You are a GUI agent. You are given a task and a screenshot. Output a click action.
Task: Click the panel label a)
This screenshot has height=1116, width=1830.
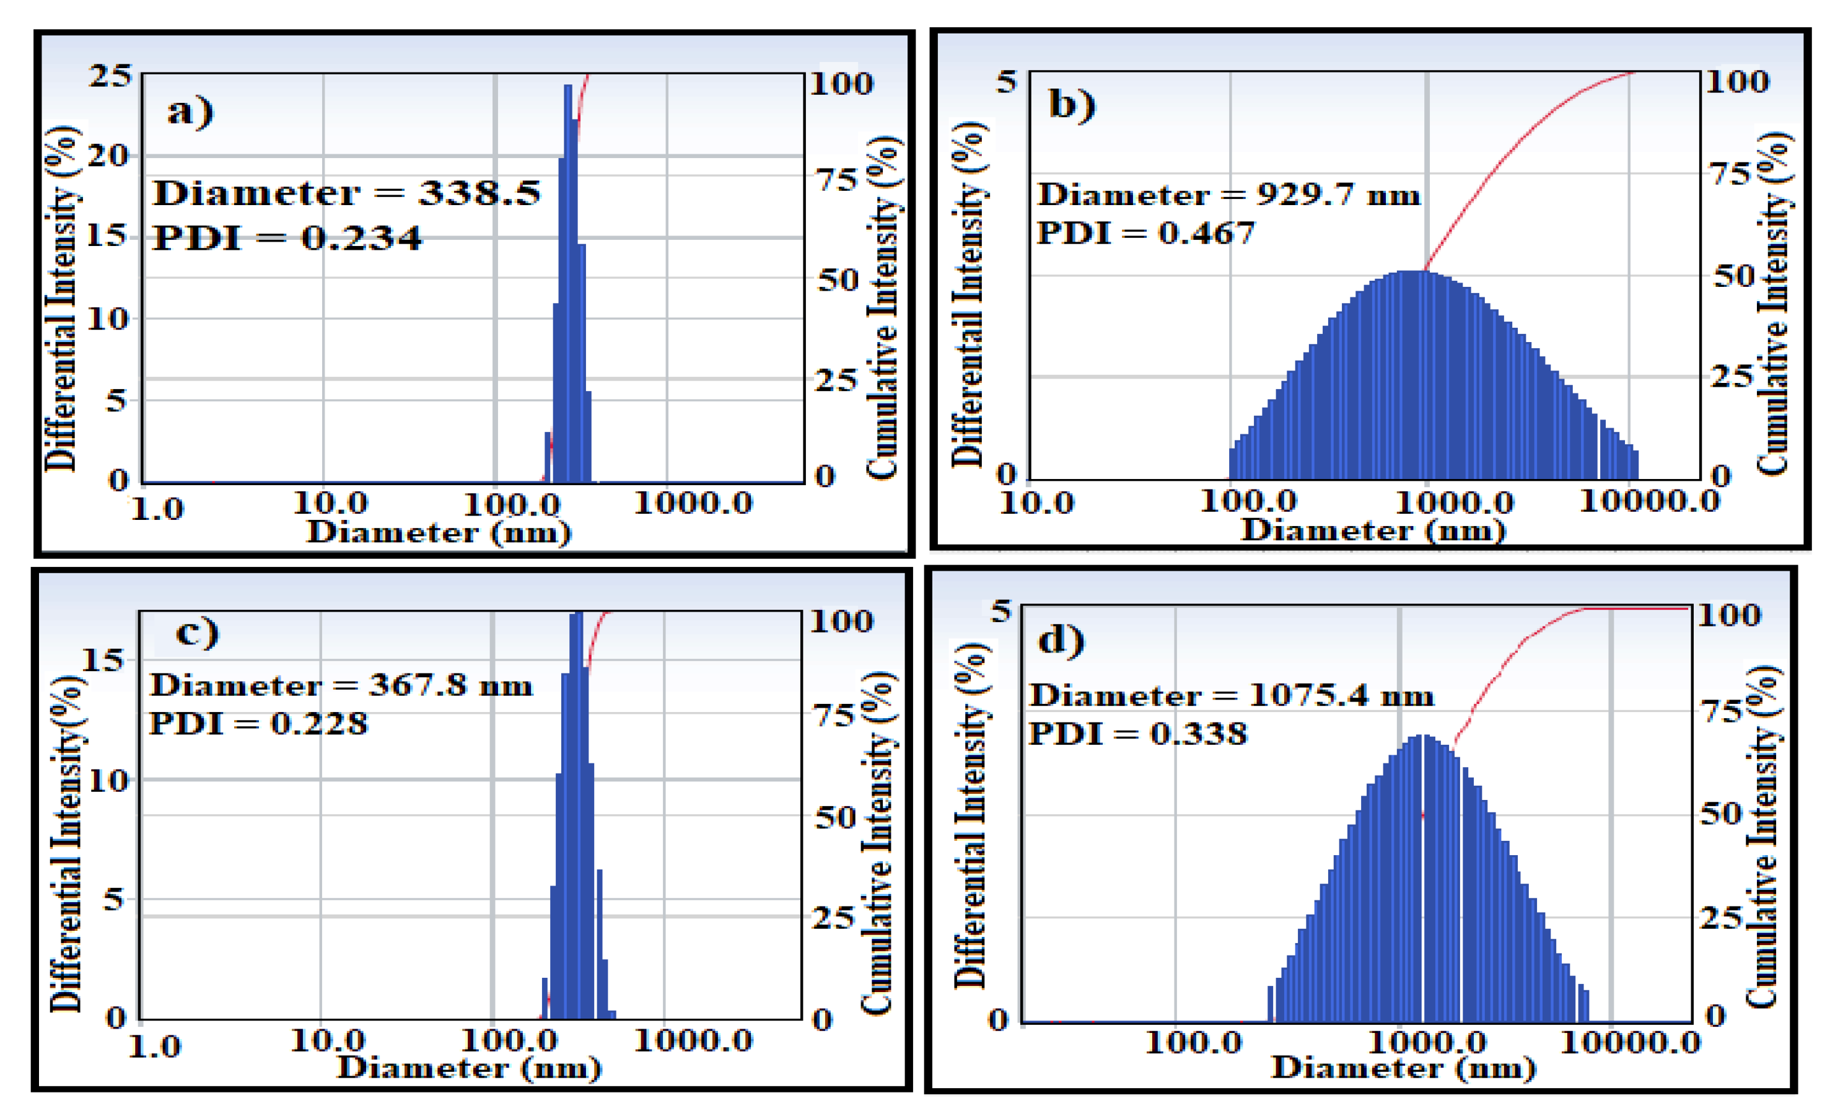pyautogui.click(x=190, y=112)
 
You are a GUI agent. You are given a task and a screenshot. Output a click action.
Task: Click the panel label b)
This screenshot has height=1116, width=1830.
pyautogui.click(x=1072, y=104)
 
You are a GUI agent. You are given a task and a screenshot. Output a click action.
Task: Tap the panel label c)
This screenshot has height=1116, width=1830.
pyautogui.click(x=197, y=632)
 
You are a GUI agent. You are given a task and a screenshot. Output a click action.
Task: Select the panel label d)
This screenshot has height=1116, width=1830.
pyautogui.click(x=1061, y=639)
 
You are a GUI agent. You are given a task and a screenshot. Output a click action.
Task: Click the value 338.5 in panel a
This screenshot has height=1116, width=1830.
pyautogui.click(x=479, y=193)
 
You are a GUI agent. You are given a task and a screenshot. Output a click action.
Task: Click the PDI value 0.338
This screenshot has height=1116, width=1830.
pyautogui.click(x=1199, y=734)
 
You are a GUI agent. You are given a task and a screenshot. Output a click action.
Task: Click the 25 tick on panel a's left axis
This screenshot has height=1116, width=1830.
pyautogui.click(x=110, y=76)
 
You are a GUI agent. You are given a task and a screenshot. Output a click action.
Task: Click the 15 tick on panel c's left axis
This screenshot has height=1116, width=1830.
pyautogui.click(x=102, y=660)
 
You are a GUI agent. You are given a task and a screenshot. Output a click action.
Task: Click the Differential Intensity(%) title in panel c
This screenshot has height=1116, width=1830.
pyautogui.click(x=67, y=843)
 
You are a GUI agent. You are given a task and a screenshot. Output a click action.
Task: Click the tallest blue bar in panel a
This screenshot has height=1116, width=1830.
pyautogui.click(x=568, y=283)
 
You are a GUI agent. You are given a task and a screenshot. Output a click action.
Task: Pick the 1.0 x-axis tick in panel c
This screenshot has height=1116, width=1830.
pyautogui.click(x=154, y=1046)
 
